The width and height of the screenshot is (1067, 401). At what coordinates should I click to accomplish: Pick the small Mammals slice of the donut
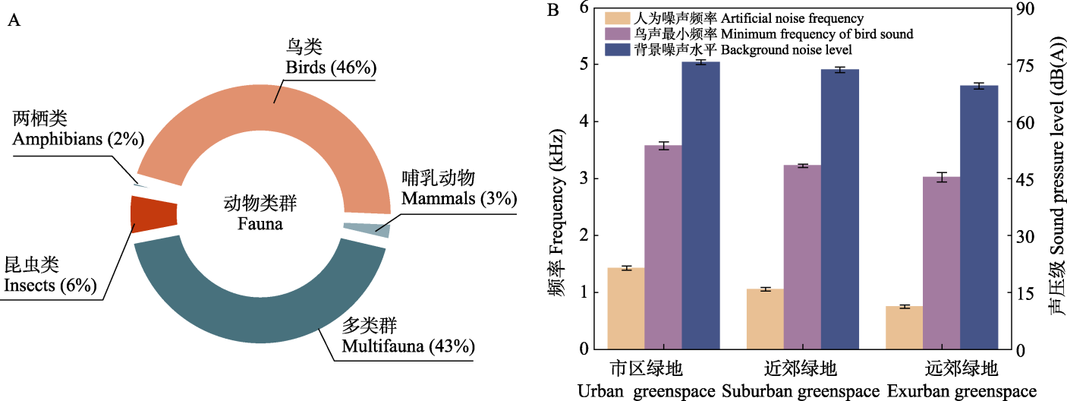click(367, 229)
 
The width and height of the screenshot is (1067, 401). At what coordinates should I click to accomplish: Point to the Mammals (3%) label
click(459, 199)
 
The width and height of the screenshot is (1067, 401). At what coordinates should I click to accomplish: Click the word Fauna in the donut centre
click(260, 225)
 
